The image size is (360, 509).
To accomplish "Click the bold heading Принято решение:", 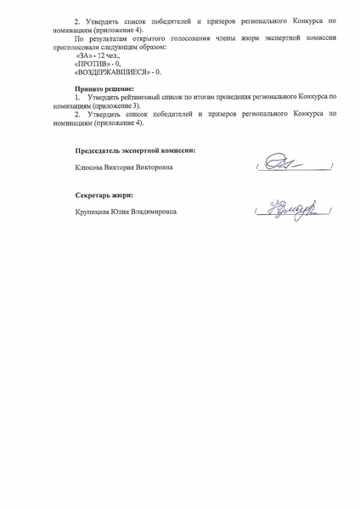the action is point(105,88).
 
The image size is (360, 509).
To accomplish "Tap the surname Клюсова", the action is point(91,167).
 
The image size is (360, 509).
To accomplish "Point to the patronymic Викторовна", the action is point(155,167).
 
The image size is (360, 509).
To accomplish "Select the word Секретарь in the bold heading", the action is point(93,195).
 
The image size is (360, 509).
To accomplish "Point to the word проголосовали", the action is point(96,47).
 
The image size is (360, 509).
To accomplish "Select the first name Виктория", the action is point(121,167).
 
